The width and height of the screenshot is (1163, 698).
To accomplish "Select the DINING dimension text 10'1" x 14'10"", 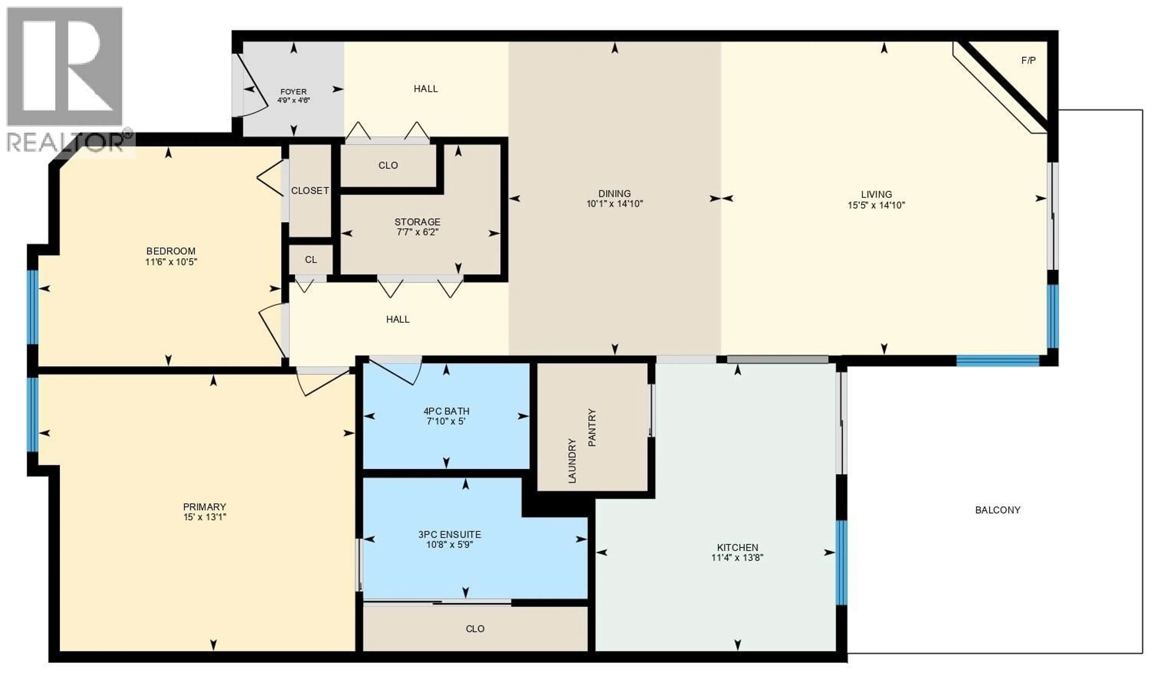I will (x=614, y=204).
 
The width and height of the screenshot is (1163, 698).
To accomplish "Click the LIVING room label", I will (x=876, y=194).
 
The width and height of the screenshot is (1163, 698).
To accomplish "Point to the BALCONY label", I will (x=997, y=510).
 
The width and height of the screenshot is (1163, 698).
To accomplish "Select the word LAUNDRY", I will (x=572, y=461).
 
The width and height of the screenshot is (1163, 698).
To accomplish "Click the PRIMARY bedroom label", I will (x=204, y=507).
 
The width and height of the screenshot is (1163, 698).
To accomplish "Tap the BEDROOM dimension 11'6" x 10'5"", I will (x=171, y=262).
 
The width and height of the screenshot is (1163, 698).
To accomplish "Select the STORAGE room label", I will (x=417, y=222).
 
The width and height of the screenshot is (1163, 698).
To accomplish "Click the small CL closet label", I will (x=311, y=260).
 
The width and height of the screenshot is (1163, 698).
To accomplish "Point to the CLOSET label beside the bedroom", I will (x=310, y=190).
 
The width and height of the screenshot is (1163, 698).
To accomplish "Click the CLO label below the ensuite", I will (x=475, y=629).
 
